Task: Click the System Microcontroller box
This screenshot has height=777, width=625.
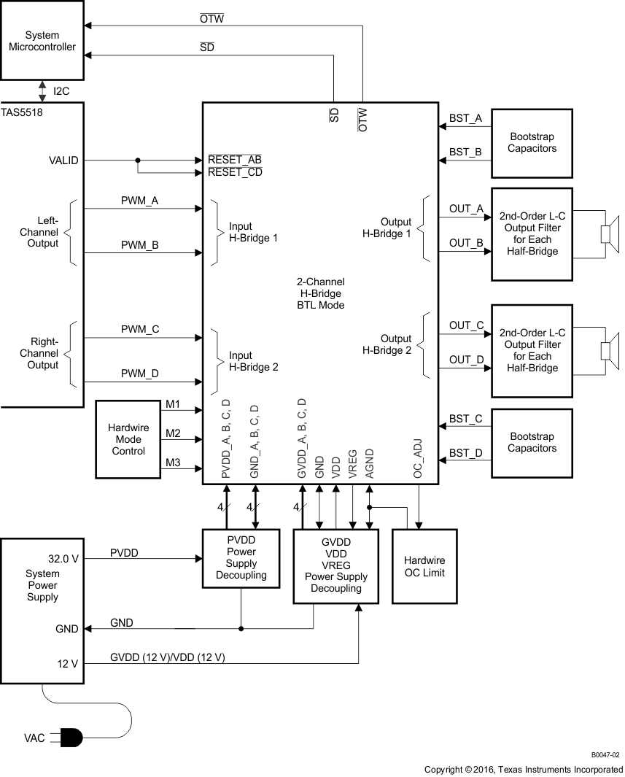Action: pyautogui.click(x=42, y=41)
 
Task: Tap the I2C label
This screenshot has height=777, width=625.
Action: pyautogui.click(x=63, y=92)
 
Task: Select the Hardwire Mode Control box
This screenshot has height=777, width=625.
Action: pyautogui.click(x=128, y=439)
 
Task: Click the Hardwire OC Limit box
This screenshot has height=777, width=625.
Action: pyautogui.click(x=424, y=566)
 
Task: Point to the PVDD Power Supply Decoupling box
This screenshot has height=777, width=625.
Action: pyautogui.click(x=241, y=558)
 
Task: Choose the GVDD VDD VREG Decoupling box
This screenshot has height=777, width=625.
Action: pyautogui.click(x=335, y=565)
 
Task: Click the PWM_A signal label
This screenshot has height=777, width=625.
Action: pyautogui.click(x=140, y=200)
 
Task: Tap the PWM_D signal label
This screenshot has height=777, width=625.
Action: pyautogui.click(x=140, y=374)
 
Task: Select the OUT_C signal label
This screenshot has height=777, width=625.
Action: pyautogui.click(x=466, y=325)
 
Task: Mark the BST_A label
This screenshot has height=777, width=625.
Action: pyautogui.click(x=465, y=118)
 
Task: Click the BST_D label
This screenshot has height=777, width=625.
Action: pyautogui.click(x=465, y=454)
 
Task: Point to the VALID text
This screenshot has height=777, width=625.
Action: pyautogui.click(x=63, y=161)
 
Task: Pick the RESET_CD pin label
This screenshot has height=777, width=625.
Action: pyautogui.click(x=235, y=173)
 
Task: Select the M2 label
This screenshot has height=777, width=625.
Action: pyautogui.click(x=173, y=433)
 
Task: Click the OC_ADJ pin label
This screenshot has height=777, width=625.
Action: pyautogui.click(x=419, y=459)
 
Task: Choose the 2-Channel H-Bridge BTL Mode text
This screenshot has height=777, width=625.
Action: pyautogui.click(x=320, y=293)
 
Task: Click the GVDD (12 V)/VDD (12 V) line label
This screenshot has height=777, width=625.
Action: pyautogui.click(x=167, y=657)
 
